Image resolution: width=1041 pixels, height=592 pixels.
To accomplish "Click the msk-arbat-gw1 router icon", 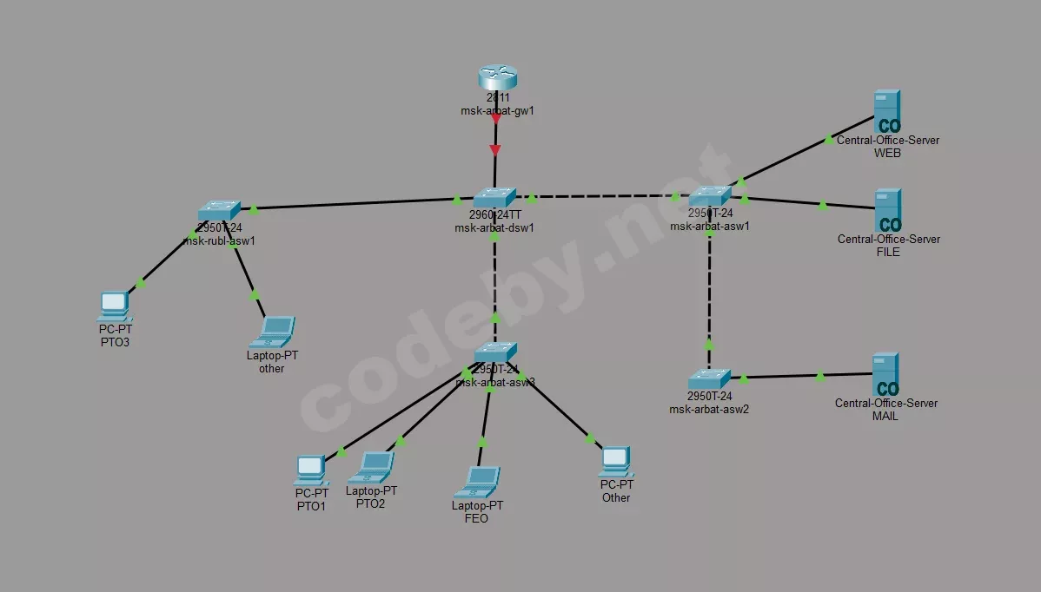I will [x=497, y=78].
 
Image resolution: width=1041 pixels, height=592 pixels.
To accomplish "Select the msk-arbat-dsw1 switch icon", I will [x=494, y=198].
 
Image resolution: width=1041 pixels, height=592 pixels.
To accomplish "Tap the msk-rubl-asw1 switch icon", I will [x=218, y=211].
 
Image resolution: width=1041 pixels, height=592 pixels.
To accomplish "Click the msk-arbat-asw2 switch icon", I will [x=710, y=379].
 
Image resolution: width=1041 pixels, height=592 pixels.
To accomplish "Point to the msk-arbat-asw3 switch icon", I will [x=496, y=352].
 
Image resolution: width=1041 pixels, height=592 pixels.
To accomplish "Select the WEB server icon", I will [x=887, y=111].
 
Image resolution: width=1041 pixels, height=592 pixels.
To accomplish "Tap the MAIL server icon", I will [x=885, y=375].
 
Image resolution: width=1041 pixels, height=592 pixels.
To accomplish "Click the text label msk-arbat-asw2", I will [x=709, y=409].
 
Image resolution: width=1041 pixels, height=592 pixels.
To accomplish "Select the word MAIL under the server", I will [x=885, y=417].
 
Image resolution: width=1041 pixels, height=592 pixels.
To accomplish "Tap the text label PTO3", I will [x=115, y=343].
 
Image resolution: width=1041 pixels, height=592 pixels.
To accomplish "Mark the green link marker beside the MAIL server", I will [x=820, y=376].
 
